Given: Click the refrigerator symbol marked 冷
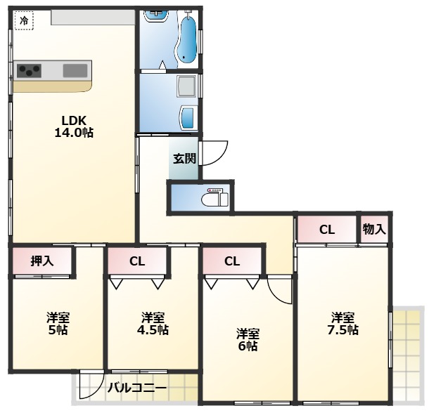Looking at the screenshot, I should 24,21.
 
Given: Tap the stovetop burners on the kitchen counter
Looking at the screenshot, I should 30,70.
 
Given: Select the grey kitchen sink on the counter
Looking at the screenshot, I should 76,70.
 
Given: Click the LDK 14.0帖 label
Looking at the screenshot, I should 73,126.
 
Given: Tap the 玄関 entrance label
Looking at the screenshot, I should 184,158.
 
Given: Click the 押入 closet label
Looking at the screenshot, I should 42,261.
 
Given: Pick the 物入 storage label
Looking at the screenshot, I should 373,229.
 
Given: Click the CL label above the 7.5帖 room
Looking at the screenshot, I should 326,229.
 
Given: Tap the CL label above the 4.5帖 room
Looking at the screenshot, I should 137,261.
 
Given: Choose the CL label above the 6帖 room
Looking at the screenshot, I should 232,261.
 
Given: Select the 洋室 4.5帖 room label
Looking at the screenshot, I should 153,323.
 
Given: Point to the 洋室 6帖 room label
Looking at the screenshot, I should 248,339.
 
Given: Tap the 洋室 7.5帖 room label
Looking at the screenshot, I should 343,323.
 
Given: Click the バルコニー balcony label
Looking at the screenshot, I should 137,387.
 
